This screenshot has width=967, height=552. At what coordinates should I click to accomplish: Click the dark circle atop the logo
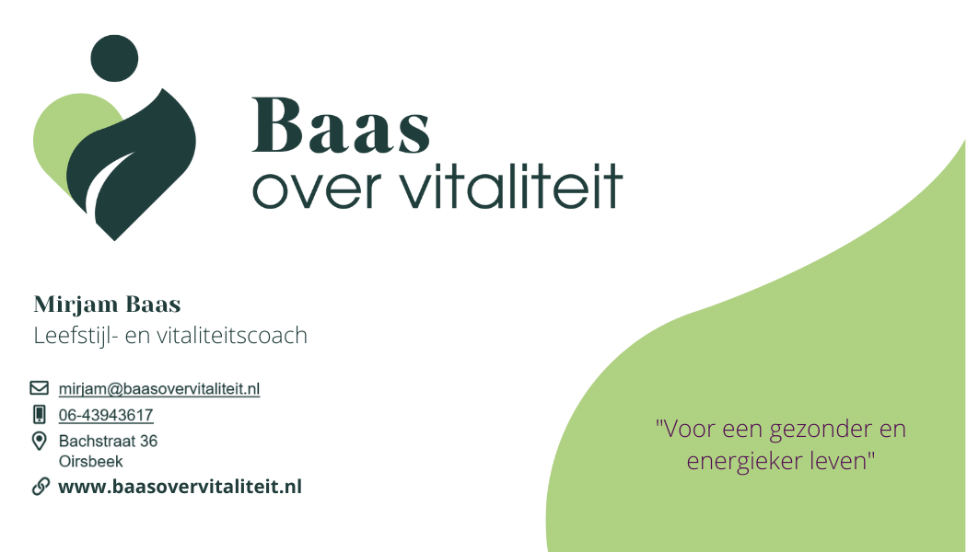[116, 58]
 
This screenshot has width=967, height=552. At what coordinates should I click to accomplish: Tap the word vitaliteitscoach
[235, 335]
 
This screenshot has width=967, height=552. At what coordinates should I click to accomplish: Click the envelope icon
[40, 388]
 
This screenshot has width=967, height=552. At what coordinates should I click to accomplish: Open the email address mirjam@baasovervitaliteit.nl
[159, 389]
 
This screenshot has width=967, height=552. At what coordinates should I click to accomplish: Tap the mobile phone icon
[40, 414]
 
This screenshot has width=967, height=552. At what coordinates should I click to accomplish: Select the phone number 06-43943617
[106, 415]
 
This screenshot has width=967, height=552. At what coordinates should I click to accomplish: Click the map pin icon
[40, 441]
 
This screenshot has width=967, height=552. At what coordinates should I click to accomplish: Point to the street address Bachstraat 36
[108, 441]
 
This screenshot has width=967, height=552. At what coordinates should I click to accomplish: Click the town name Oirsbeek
[90, 461]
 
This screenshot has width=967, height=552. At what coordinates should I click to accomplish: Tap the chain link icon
[41, 487]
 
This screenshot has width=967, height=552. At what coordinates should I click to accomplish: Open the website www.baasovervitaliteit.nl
[180, 487]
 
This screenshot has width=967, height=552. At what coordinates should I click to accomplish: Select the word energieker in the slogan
[742, 461]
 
